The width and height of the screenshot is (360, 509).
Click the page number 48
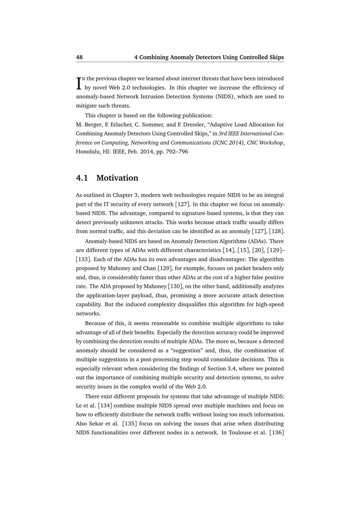(79, 57)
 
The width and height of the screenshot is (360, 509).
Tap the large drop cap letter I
(78, 83)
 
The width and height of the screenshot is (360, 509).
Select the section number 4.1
(82, 178)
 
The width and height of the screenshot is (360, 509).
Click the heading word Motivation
(117, 178)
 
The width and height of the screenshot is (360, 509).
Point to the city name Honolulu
(88, 152)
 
